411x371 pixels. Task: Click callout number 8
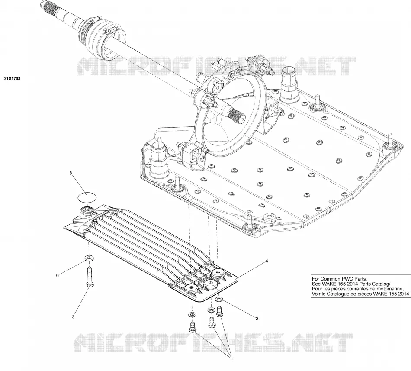(x=70, y=173)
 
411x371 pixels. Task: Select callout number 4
(x=267, y=261)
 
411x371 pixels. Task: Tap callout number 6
(x=57, y=275)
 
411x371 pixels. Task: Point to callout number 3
(x=74, y=316)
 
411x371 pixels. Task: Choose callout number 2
(x=257, y=319)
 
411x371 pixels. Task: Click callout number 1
(x=232, y=359)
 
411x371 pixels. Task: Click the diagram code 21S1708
(x=12, y=78)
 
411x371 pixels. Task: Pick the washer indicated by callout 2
(x=219, y=299)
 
